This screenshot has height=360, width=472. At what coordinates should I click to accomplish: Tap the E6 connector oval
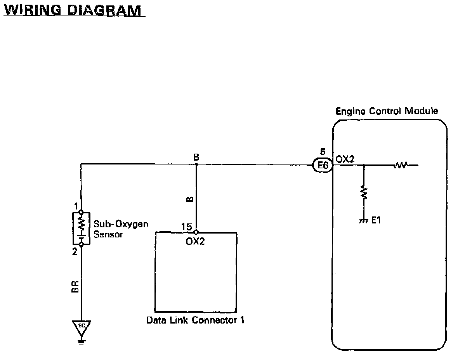coord(323,166)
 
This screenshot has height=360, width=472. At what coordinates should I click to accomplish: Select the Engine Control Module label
coord(387,111)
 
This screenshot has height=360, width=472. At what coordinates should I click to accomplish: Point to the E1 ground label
coord(376,220)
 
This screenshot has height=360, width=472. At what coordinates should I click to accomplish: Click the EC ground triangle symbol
coord(82,326)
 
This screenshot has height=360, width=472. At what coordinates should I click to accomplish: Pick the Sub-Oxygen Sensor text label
coord(121,229)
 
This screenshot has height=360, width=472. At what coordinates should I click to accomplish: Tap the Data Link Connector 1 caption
coord(195,320)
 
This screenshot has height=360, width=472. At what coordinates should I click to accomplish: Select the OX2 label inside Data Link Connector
coord(195,241)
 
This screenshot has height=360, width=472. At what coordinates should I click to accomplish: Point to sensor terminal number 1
coord(76,206)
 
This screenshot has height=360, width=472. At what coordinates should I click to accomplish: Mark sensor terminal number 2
coord(75,251)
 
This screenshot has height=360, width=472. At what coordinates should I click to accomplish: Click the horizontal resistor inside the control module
coord(400,166)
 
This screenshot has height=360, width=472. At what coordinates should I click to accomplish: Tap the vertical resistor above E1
coord(364,192)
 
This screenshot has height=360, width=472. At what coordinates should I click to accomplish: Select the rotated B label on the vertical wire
coord(189,199)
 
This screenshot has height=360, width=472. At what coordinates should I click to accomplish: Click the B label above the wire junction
coord(196,157)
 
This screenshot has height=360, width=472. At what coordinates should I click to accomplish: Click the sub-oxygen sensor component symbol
coord(81,228)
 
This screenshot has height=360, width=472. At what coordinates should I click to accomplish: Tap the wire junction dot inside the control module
coord(364,166)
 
